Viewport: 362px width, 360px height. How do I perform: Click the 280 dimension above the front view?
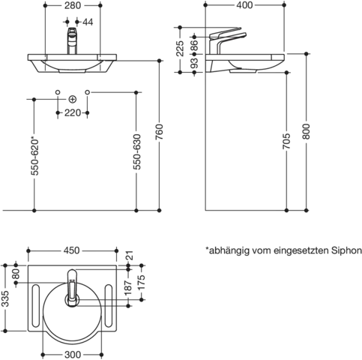tap(73, 5)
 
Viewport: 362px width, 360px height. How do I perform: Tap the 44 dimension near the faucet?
tap(88, 22)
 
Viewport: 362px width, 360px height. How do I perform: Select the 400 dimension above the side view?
tap(244, 5)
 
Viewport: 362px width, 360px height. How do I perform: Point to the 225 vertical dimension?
tap(180, 48)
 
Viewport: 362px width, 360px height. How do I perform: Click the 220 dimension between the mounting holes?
tap(73, 113)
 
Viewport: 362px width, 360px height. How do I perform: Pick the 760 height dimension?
tap(160, 131)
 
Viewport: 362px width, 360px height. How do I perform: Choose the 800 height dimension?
tap(307, 131)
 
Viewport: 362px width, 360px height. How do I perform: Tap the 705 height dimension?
tap(286, 141)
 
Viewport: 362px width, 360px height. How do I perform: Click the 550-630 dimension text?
tap(136, 152)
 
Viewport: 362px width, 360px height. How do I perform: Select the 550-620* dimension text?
tap(34, 155)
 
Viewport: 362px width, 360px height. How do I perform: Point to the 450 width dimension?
tap(71, 250)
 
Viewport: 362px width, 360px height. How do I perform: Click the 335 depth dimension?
tap(5, 298)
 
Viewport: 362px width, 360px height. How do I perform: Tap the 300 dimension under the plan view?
tap(73, 355)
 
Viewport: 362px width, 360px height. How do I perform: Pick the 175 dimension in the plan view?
tap(142, 282)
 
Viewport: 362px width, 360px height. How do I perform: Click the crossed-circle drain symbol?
tap(73, 99)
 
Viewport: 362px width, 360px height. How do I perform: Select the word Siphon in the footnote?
tap(346, 250)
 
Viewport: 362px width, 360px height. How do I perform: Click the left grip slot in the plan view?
tap(36, 305)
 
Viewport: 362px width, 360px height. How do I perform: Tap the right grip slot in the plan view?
tap(109, 305)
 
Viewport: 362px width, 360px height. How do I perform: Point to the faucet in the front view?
tap(72, 40)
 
